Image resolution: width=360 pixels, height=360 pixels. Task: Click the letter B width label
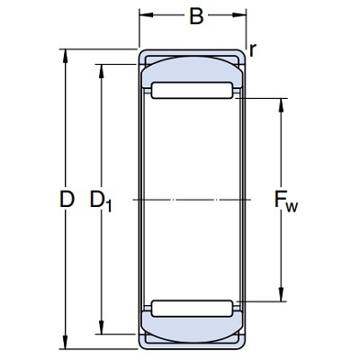click(x=196, y=16)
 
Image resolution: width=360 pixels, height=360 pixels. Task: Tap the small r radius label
click(x=253, y=50)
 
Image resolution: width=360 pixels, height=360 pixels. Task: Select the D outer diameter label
click(x=67, y=199)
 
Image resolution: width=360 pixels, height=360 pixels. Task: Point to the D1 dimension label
click(x=101, y=201)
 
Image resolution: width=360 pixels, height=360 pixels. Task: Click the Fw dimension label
click(x=286, y=201)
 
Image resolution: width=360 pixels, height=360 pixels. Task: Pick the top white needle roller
click(x=192, y=90)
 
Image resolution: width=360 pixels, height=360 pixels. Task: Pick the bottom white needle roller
click(x=192, y=309)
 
